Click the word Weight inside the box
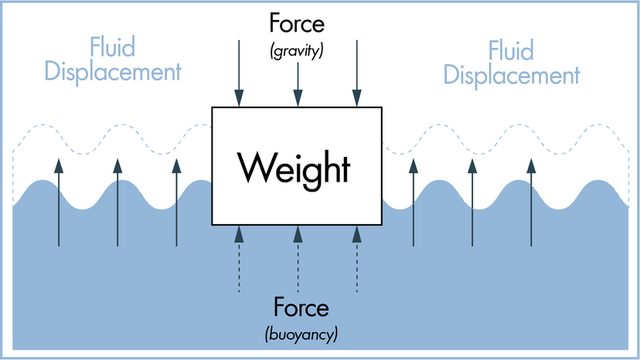[294, 167]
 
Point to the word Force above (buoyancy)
[299, 309]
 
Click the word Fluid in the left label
[112, 48]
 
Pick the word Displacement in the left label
[112, 72]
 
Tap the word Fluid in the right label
[511, 51]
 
